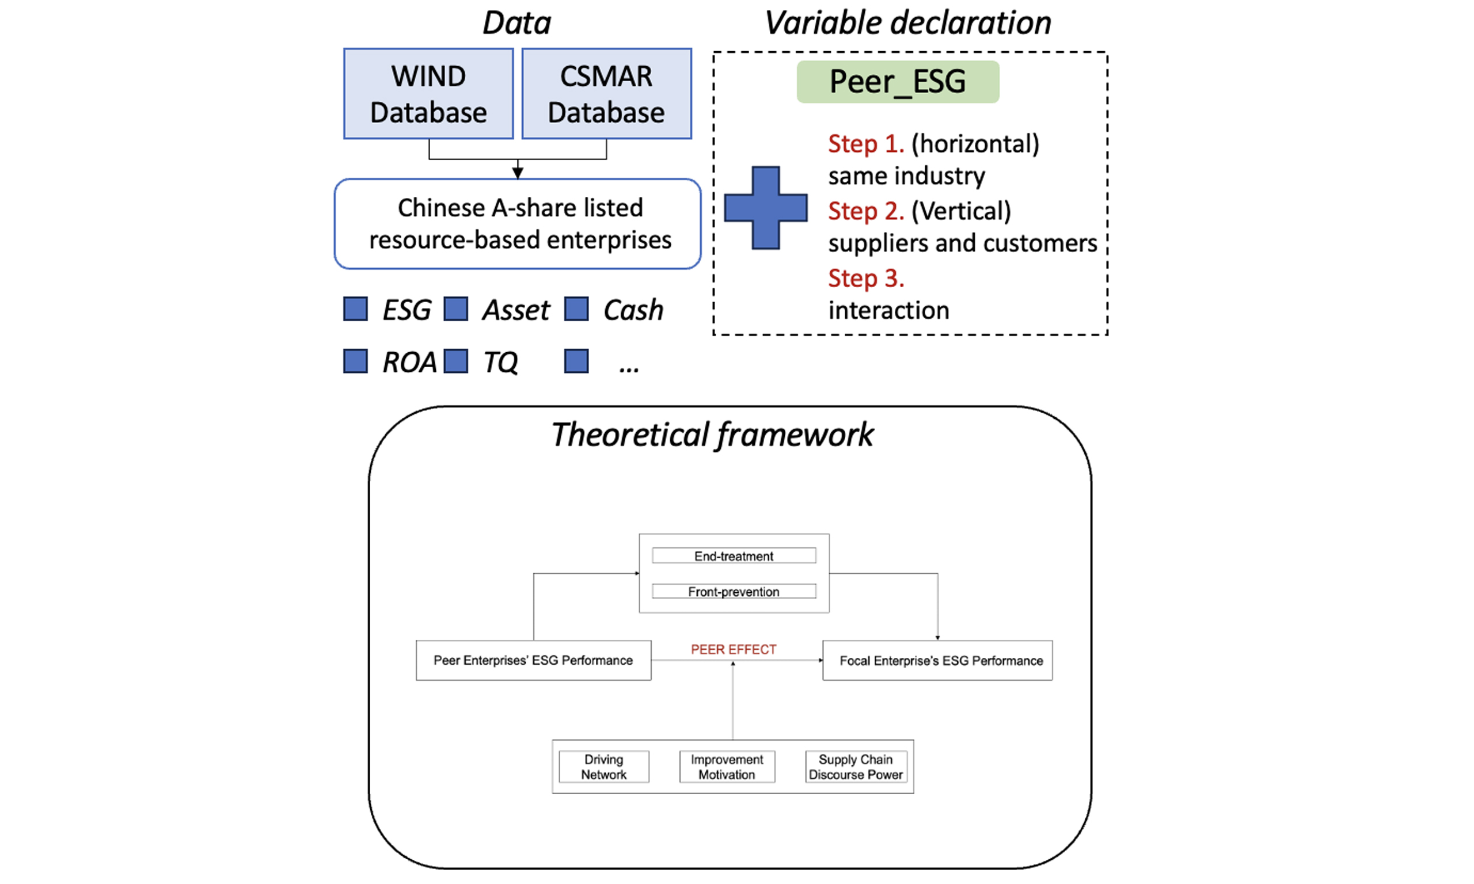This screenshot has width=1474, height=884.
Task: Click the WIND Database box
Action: [x=428, y=94]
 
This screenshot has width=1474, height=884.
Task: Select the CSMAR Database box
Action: [x=606, y=94]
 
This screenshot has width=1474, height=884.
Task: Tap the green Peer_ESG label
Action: [x=897, y=82]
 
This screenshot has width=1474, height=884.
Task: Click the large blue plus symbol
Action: [x=766, y=208]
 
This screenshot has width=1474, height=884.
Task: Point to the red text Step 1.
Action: [x=866, y=143]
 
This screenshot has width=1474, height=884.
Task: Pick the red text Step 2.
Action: [x=866, y=211]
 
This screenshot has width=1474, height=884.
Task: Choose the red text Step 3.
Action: [x=866, y=278]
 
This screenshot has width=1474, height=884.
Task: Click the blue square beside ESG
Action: [x=356, y=309]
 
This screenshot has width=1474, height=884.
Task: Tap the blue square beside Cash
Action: [x=576, y=309]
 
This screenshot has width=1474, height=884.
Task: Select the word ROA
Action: [x=409, y=362]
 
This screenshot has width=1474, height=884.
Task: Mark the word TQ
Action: [x=500, y=362]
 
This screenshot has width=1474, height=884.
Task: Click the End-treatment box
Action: [x=734, y=556]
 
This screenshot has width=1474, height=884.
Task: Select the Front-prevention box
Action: [x=734, y=592]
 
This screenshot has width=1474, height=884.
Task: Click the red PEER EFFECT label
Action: [x=734, y=649]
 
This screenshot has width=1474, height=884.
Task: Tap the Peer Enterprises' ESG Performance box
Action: [x=533, y=660]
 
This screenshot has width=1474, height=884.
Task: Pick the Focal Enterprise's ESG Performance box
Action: [x=937, y=660]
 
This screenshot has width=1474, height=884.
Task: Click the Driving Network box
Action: [x=603, y=767]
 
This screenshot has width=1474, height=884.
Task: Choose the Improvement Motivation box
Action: [x=727, y=767]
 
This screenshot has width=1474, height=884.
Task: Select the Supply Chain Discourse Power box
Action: [x=856, y=767]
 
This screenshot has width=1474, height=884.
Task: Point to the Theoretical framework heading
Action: [x=712, y=435]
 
